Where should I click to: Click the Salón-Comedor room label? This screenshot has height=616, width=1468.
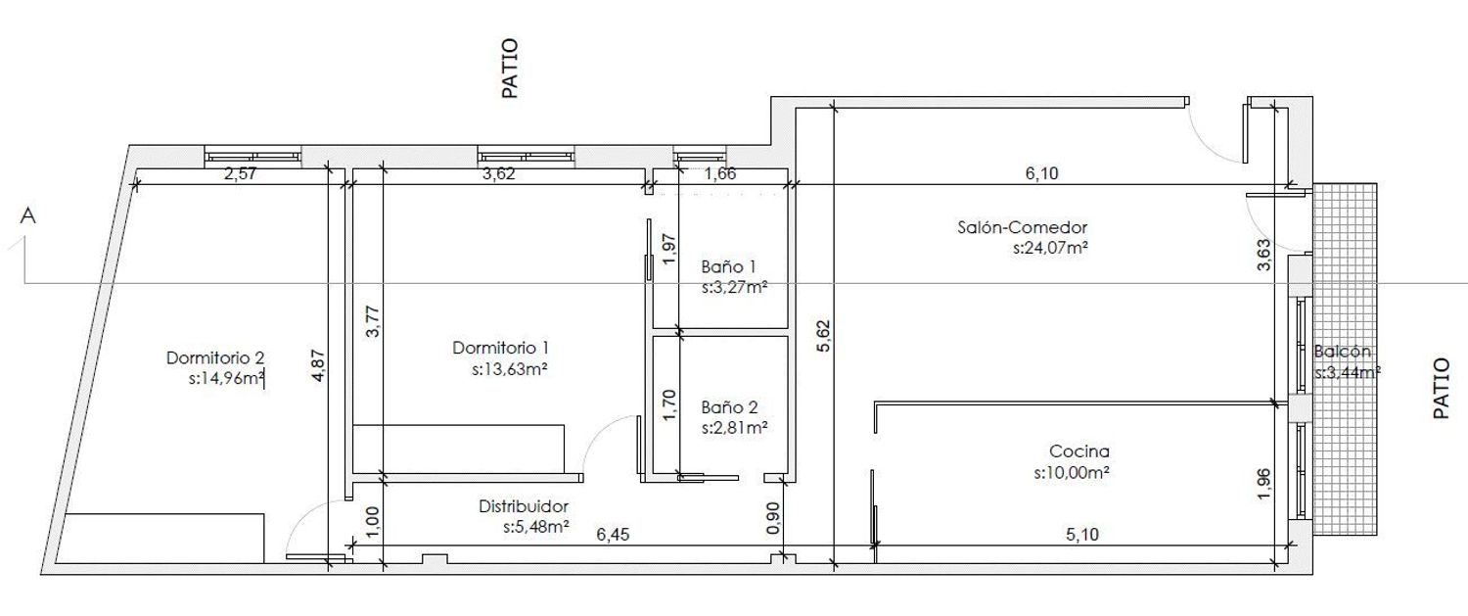[1023, 227]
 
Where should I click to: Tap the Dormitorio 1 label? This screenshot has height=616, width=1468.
[501, 348]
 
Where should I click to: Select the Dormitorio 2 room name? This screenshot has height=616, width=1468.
[215, 358]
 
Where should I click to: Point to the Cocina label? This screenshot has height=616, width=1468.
[1079, 451]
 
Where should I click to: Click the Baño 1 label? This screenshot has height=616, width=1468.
[729, 266]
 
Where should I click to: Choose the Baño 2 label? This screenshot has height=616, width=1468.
[729, 407]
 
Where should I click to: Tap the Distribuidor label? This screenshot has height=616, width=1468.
[524, 506]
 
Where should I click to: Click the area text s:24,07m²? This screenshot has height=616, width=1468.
[1050, 249]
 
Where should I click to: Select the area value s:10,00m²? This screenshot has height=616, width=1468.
[1072, 473]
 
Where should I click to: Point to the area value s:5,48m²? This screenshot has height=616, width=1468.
[536, 527]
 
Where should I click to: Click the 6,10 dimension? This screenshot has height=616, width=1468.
[1041, 173]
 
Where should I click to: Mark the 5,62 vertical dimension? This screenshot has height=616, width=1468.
[823, 336]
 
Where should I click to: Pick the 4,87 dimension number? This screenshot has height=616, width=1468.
[317, 366]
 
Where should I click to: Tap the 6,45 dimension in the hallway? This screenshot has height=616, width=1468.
[613, 535]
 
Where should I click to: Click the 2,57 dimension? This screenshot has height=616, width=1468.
[240, 174]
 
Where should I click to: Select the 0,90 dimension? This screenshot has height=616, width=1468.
[773, 518]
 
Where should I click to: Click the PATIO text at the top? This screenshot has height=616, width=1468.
[509, 69]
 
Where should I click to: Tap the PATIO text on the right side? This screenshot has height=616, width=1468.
[1442, 388]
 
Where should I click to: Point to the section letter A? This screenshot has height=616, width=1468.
[27, 215]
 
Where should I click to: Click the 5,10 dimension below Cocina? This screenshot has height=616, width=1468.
[1082, 535]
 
